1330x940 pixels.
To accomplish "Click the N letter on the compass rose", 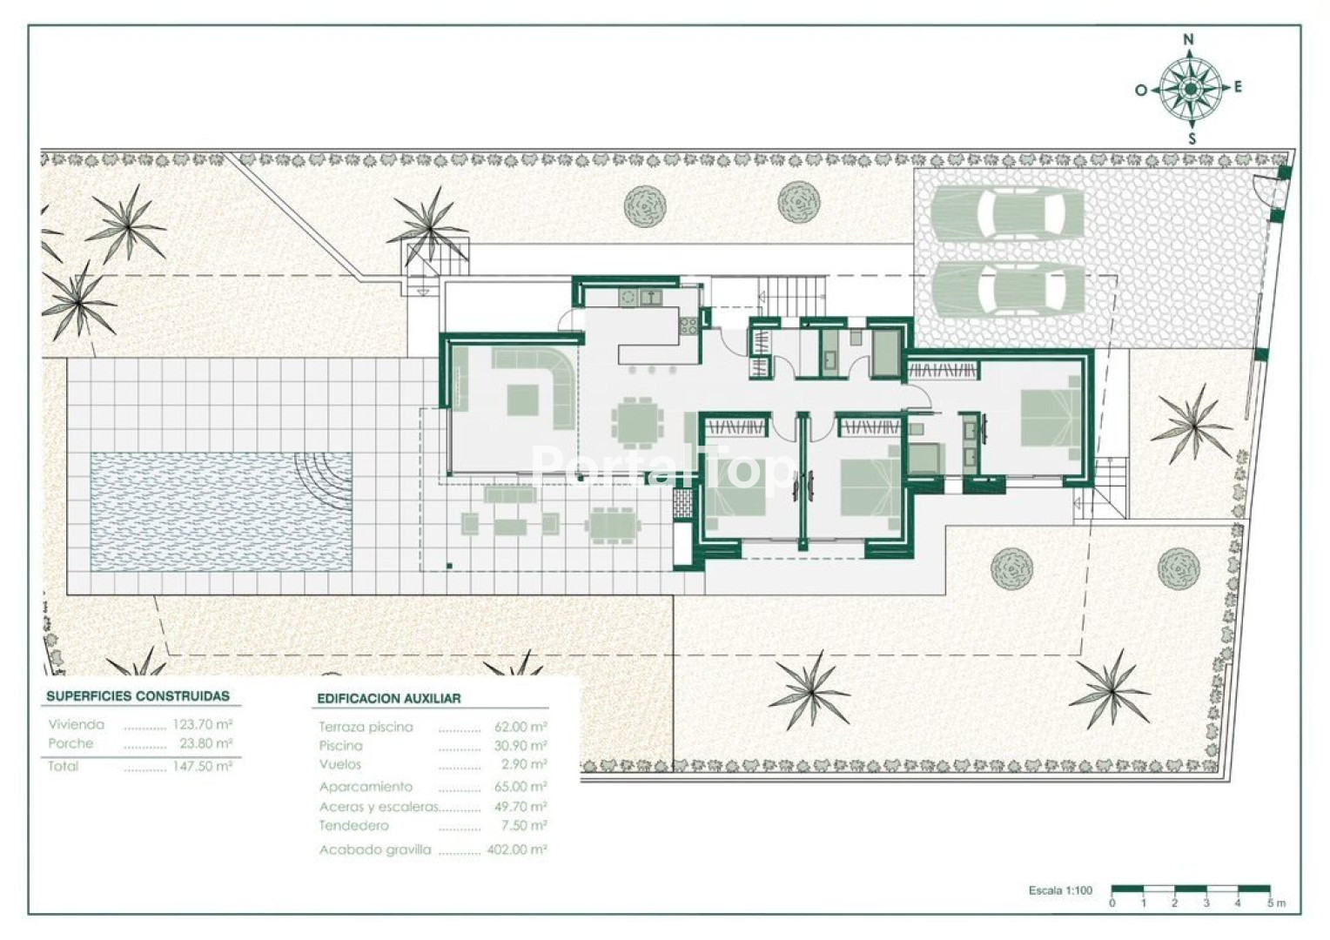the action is pos(1189,40).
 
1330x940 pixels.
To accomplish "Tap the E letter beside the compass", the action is pos(1238,87).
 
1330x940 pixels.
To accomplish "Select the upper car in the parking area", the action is pos(1008,212).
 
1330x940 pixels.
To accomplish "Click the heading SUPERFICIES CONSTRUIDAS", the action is pos(138,696).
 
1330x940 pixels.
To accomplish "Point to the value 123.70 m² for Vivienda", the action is pos(202,724).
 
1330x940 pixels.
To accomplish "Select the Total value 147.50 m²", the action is pos(202,766).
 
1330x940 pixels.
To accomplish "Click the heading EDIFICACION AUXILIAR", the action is pos(389,698).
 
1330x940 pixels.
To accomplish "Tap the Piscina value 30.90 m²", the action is pos(521,745).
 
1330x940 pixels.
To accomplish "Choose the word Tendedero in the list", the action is pos(354,825).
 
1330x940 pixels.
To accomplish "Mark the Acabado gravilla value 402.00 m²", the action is pos(516,849).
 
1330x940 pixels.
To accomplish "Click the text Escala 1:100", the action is pos(1060,890).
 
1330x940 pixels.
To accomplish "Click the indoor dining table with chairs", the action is pos(638,423).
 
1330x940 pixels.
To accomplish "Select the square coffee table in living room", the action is pos(522,399).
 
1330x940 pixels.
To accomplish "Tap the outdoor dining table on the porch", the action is pos(613,526).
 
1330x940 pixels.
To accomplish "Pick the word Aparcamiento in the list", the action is pos(366,787).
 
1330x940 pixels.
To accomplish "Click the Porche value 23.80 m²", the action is pos(205,742).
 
